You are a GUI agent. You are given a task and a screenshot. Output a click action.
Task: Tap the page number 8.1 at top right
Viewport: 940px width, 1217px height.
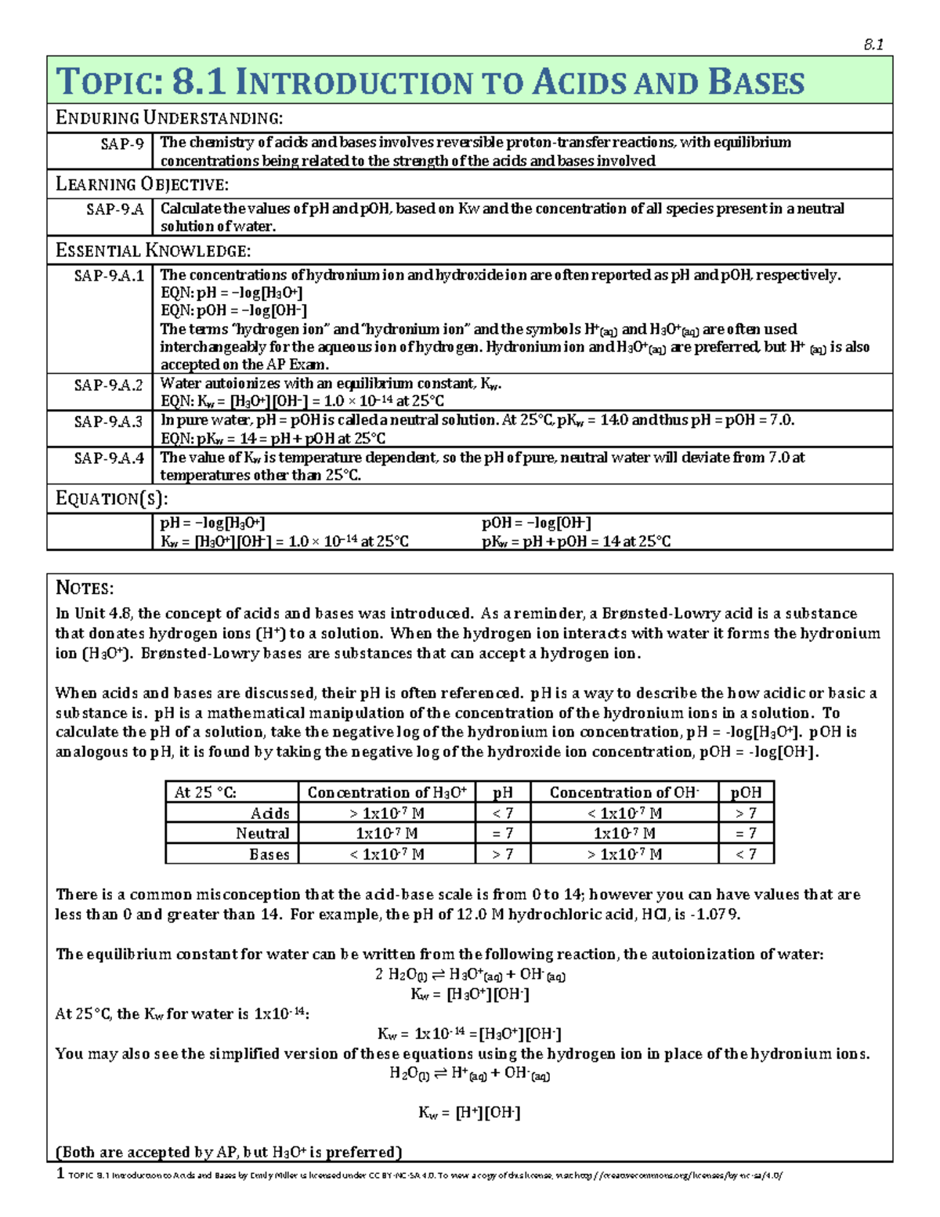coord(873,45)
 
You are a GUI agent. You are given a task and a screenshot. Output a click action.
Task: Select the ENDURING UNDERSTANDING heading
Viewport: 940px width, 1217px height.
coord(169,118)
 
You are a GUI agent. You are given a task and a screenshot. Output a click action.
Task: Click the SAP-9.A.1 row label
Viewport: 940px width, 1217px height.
coord(109,276)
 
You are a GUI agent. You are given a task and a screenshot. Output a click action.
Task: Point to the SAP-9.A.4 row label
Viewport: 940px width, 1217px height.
coord(109,458)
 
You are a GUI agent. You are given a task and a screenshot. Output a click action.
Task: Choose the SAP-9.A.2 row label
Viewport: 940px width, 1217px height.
coord(109,385)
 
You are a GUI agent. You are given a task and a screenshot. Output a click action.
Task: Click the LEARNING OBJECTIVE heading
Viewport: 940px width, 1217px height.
coord(142,185)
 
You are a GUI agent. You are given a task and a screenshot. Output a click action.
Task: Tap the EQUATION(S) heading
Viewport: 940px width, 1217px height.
coord(112,499)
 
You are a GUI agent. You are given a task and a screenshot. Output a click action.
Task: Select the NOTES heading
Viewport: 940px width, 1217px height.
coord(85,589)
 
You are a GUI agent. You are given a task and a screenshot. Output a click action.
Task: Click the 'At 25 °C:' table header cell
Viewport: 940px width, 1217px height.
coord(205,792)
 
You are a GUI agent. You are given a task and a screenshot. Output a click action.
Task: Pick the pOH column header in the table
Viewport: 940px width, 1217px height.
coord(746,792)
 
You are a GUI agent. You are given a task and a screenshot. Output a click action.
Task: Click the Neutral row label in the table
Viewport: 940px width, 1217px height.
coord(262,834)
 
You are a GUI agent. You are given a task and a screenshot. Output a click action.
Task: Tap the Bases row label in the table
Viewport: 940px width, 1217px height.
coord(269,854)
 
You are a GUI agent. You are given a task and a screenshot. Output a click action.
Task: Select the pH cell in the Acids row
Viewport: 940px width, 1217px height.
coord(503,813)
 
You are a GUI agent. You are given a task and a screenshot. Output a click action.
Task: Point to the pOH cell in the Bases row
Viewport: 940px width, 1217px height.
coord(746,854)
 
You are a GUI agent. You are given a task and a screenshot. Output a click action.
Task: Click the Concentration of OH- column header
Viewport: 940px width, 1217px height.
coord(624,792)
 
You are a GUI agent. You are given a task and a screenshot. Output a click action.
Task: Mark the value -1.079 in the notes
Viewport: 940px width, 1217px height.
coord(714,915)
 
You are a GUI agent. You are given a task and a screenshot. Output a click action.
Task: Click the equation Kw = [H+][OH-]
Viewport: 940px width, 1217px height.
coord(469,1113)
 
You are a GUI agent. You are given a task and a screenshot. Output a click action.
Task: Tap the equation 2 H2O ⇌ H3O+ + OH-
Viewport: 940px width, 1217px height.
coord(470,975)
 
